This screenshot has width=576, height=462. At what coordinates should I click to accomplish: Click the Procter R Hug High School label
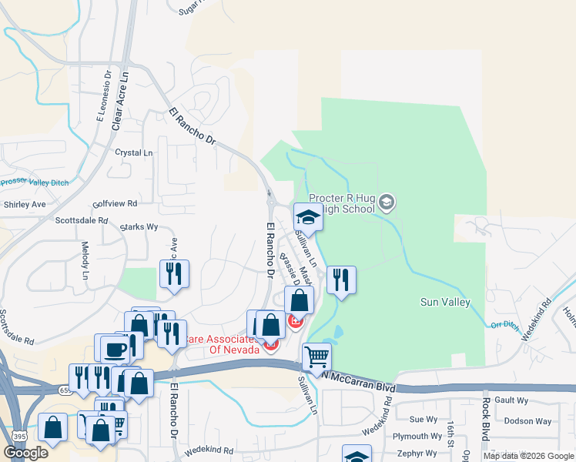tap(343, 204)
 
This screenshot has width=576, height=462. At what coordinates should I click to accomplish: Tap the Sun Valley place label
tap(445, 302)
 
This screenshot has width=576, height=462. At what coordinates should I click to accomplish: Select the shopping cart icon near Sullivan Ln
tap(316, 357)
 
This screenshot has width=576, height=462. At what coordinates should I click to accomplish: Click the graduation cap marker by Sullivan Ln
tap(308, 217)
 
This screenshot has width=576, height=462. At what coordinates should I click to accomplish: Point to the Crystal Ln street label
tap(133, 153)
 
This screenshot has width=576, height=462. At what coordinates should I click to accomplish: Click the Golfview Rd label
tap(115, 204)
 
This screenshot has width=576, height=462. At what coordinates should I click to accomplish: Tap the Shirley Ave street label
tap(25, 205)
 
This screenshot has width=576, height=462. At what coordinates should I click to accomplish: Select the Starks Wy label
tap(139, 227)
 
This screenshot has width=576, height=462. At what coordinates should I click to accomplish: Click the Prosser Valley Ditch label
tap(35, 182)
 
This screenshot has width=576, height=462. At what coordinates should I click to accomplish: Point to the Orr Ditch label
tap(505, 325)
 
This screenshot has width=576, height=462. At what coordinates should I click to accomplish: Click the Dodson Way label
tap(527, 421)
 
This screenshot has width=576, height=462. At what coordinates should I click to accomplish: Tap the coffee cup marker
tap(115, 348)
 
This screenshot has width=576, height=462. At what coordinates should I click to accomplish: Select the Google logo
tap(26, 453)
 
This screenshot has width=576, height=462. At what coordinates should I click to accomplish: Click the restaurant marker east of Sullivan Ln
tap(340, 280)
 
